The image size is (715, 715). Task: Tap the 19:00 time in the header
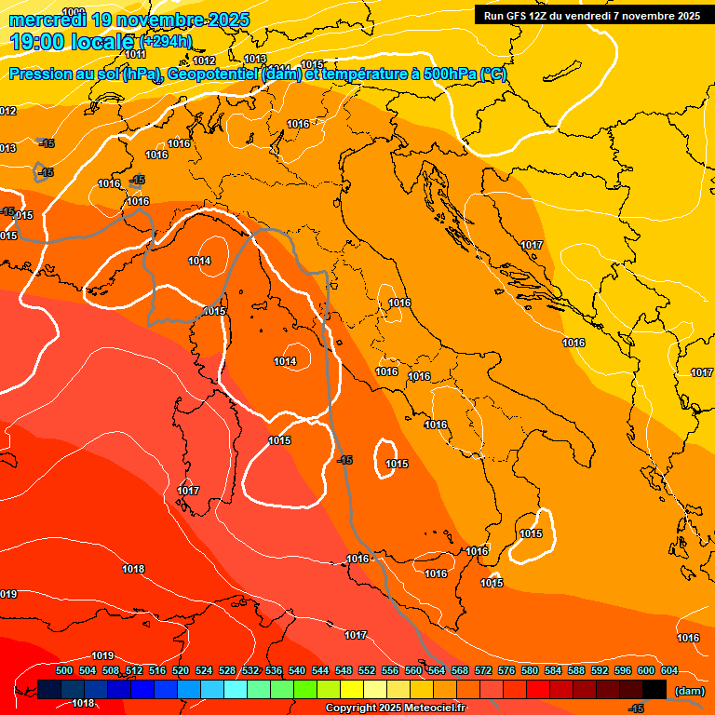point(39,42)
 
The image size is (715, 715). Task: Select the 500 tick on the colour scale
point(64,670)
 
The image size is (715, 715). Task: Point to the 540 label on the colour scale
point(297,670)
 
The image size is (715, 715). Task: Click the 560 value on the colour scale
point(413,670)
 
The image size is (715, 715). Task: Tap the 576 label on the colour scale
point(506,670)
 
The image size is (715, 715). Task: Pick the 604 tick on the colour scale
point(669,670)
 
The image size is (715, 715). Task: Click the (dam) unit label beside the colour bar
point(688,691)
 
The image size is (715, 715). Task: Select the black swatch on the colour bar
point(654,689)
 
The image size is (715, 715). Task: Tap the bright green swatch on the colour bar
point(305,689)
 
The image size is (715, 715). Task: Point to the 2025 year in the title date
point(228,20)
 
